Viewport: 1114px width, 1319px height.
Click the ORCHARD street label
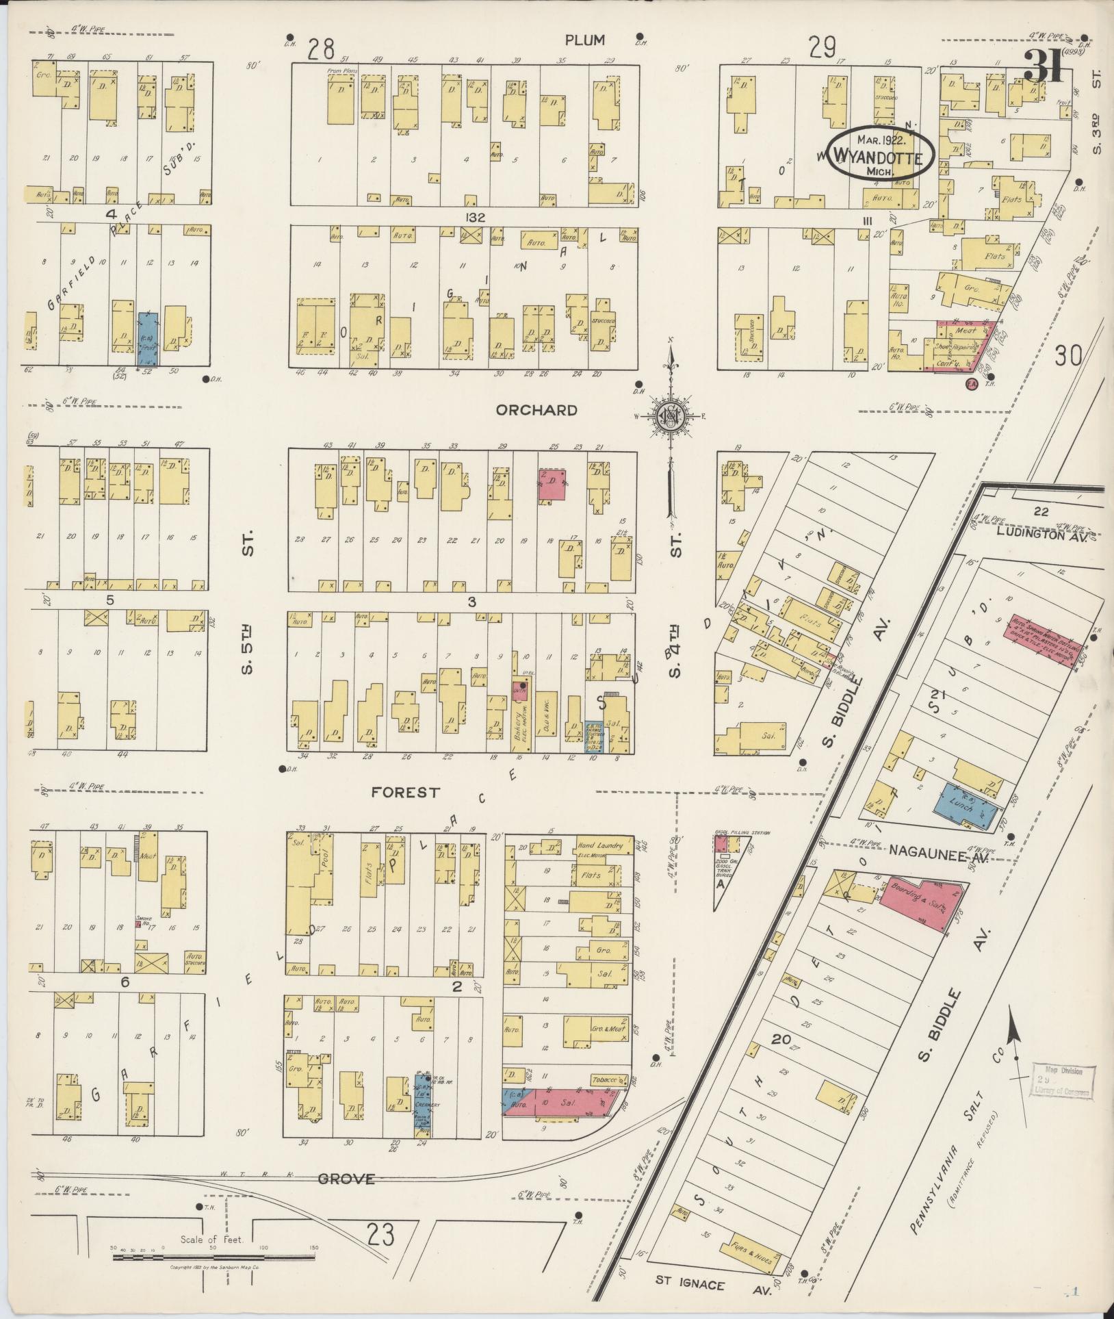536,410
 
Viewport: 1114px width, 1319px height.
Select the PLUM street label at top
584,40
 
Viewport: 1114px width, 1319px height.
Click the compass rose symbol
671,415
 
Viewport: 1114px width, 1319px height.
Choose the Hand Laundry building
599,846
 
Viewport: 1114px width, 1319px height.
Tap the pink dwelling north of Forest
552,484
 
